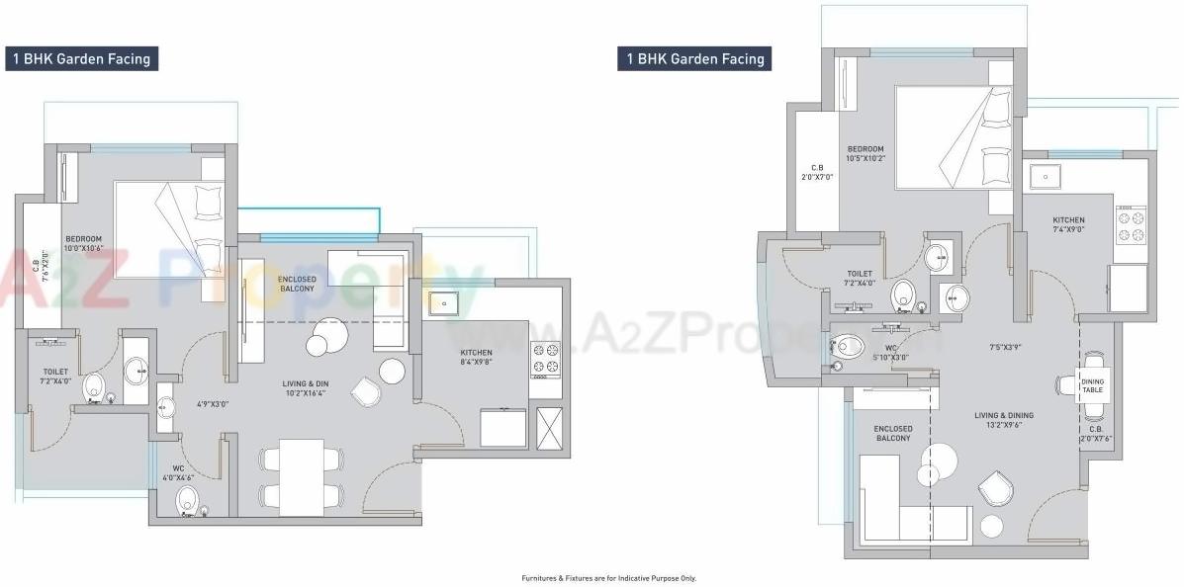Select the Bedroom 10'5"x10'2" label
pos(865,153)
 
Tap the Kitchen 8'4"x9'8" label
pos(476,358)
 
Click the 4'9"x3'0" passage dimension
pos(212,403)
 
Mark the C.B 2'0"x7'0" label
pos(817,173)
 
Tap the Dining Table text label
pos(1092,385)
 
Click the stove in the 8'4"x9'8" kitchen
pos(545,359)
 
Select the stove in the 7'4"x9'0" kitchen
pos(1131,225)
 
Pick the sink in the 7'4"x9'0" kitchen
pos(1045,177)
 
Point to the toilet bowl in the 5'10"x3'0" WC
pos(850,346)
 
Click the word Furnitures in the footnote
pos(540,578)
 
